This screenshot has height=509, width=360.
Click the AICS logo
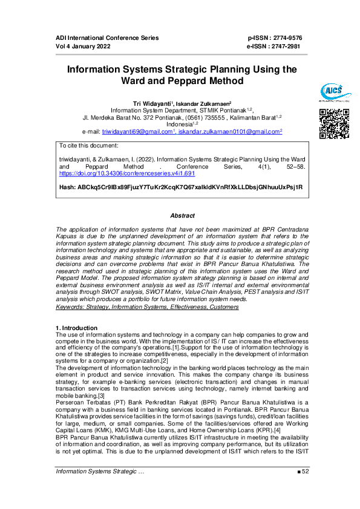332,92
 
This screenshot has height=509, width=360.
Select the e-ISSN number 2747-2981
284,46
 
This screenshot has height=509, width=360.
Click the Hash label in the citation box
67,187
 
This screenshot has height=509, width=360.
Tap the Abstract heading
182,216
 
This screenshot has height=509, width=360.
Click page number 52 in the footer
305,488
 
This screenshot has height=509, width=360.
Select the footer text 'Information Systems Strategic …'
99,488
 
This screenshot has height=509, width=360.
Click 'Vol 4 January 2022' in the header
83,46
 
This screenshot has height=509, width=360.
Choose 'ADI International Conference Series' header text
106,38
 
